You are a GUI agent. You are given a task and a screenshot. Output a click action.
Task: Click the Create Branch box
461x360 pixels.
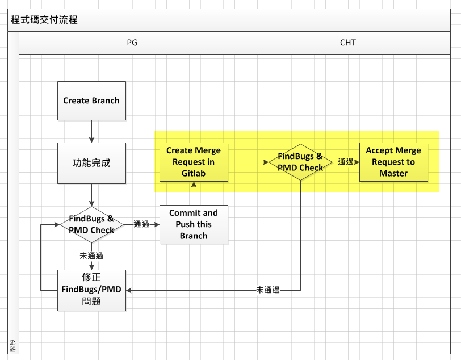click(x=91, y=101)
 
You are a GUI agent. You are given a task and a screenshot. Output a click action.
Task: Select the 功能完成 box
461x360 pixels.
click(x=91, y=163)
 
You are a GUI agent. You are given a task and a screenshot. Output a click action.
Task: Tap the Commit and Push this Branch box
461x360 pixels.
click(x=194, y=224)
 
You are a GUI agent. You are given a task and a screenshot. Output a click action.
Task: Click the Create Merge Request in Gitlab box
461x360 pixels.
click(x=194, y=162)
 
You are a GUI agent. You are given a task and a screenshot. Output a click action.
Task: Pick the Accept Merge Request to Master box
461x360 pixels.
click(x=393, y=162)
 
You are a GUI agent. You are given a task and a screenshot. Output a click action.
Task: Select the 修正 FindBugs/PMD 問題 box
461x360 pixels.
click(x=91, y=290)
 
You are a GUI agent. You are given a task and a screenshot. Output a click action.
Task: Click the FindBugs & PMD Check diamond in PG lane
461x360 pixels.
click(x=91, y=225)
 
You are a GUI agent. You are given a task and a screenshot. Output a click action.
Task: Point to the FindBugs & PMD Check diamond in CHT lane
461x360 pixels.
click(x=300, y=162)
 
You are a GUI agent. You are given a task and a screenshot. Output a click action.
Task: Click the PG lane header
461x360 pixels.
click(x=132, y=43)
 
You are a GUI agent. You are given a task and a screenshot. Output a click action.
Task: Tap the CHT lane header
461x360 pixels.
click(x=348, y=43)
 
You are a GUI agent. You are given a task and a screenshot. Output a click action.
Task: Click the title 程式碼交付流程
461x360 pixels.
click(x=44, y=20)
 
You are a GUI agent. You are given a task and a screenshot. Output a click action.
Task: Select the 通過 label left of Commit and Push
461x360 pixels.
click(x=141, y=224)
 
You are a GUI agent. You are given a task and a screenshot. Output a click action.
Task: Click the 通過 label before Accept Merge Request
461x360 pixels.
click(x=345, y=161)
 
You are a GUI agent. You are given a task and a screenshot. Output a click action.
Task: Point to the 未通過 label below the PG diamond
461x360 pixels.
click(x=91, y=256)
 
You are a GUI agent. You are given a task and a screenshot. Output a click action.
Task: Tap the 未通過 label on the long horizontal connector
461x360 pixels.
click(x=267, y=290)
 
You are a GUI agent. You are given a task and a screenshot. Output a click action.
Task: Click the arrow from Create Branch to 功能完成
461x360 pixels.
click(x=91, y=132)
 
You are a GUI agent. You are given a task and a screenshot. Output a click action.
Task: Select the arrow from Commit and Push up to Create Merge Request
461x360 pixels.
click(x=194, y=194)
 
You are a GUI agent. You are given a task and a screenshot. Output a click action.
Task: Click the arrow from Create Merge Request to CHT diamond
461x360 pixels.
click(x=249, y=162)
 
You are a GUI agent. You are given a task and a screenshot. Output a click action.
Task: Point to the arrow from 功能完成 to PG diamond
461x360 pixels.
click(x=91, y=195)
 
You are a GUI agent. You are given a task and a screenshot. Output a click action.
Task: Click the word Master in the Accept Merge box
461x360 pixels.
click(x=393, y=174)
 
